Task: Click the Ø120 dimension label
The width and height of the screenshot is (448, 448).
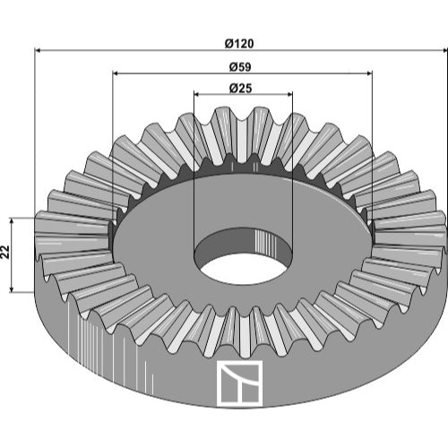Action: tap(239, 44)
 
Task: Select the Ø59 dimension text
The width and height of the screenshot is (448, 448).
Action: tap(240, 67)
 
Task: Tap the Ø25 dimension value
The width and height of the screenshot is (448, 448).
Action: tap(240, 89)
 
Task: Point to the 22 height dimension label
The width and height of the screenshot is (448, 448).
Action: tap(6, 252)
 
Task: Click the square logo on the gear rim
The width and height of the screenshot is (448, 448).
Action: tap(239, 383)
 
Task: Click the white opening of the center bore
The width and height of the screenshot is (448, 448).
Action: tap(241, 269)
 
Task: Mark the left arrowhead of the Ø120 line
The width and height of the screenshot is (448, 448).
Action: tap(39, 51)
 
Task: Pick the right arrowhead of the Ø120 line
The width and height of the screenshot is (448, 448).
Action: tap(444, 51)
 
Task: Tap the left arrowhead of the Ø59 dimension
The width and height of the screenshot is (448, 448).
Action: tap(116, 73)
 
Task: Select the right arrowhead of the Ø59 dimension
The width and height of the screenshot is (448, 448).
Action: tap(368, 73)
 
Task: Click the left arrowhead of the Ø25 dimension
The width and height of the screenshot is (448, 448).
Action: tap(197, 94)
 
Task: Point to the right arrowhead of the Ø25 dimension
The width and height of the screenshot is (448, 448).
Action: tap(289, 94)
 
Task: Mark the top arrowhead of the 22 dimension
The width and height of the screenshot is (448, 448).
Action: tap(12, 221)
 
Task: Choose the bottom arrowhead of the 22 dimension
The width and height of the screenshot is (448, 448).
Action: tap(12, 289)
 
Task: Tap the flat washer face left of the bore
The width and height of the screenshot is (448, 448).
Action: tap(155, 239)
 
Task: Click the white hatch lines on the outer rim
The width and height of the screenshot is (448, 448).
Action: tap(110, 343)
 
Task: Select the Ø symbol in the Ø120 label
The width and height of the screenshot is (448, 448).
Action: tap(229, 44)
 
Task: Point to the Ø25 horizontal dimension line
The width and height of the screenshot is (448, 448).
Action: tap(243, 94)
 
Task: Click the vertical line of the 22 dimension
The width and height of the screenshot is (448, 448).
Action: tap(12, 255)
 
